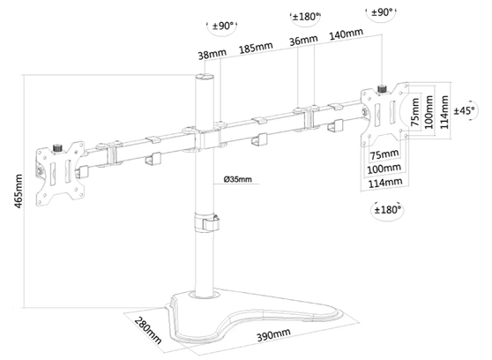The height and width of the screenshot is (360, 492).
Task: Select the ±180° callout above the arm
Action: tap(306, 17)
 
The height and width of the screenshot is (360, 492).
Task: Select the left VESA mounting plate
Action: tap(61, 171)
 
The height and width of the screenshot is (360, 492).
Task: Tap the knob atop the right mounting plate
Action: tap(384, 89)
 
